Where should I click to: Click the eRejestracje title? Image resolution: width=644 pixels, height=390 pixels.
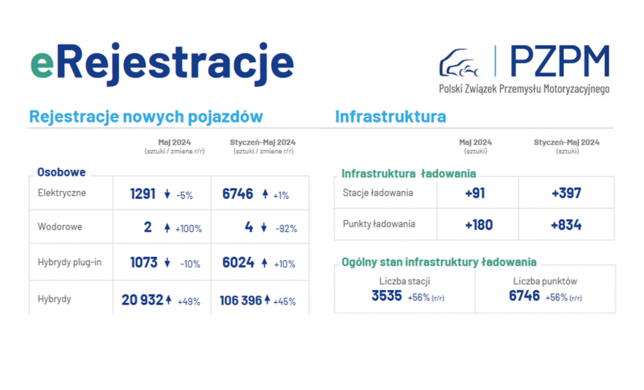click(161, 62)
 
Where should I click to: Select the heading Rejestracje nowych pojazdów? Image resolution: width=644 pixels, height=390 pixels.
click(146, 117)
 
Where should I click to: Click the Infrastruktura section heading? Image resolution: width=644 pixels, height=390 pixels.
click(390, 117)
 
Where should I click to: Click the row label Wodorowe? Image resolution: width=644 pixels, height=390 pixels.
click(60, 227)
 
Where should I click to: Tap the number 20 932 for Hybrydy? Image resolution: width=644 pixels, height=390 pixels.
click(142, 301)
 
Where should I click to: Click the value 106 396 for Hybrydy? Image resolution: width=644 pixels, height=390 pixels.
click(241, 301)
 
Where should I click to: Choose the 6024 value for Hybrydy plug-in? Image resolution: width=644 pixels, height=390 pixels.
click(237, 263)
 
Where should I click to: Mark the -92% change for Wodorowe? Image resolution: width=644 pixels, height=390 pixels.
click(286, 229)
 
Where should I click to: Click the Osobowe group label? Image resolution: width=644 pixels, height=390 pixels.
click(62, 172)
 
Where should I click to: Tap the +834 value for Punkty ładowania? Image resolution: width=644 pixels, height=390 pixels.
click(566, 225)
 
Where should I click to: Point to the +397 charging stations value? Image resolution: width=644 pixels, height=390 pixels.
click(566, 193)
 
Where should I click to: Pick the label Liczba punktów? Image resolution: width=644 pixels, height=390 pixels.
click(544, 281)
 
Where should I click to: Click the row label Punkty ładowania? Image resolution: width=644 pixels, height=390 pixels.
click(379, 224)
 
